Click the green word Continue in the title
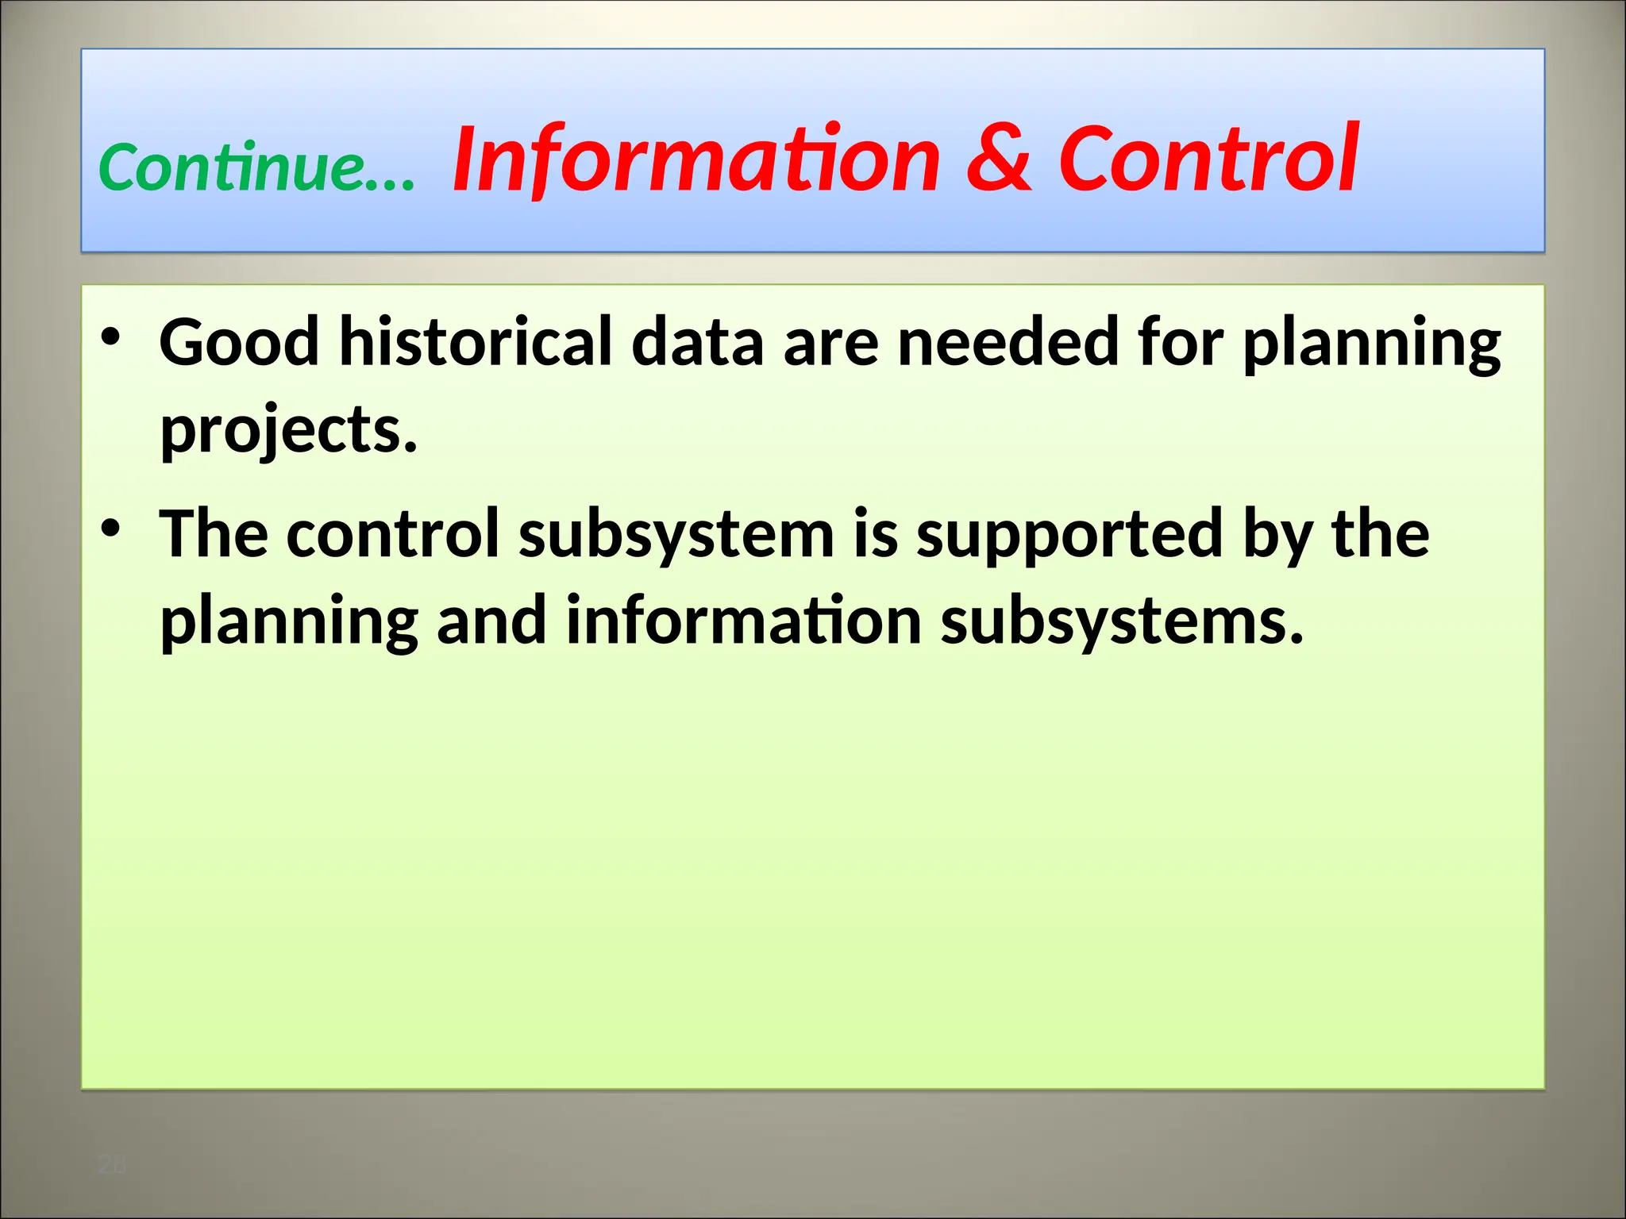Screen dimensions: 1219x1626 point(230,168)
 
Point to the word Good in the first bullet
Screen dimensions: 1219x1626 point(239,343)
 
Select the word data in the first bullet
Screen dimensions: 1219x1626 point(697,343)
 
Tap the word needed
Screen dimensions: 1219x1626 point(1008,343)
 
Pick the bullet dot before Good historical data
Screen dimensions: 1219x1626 point(110,337)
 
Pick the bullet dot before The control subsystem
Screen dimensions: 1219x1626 point(110,529)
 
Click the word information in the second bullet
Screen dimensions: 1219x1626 point(744,621)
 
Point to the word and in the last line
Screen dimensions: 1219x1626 point(491,621)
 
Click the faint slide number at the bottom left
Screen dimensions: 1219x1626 point(111,1165)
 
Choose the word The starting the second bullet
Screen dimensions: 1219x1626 point(214,535)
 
